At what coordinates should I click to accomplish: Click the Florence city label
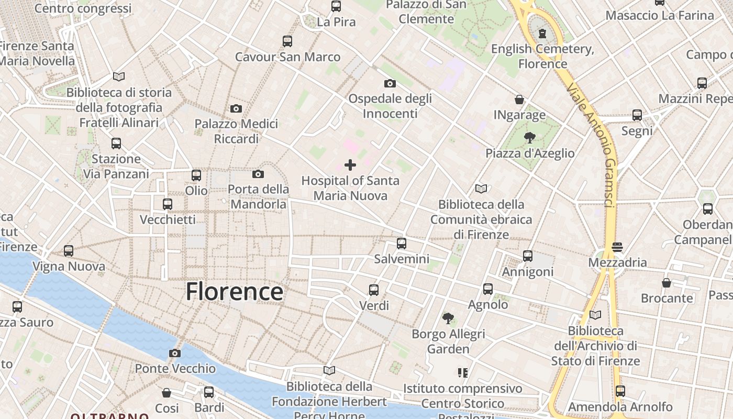[x=234, y=292]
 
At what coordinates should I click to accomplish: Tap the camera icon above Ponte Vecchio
[x=175, y=353]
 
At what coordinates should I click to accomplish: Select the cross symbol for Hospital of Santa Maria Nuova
[x=350, y=166]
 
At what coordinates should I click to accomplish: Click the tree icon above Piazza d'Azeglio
[x=530, y=138]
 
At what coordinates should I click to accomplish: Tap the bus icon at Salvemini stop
[x=402, y=244]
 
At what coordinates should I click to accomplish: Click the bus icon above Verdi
[x=374, y=290]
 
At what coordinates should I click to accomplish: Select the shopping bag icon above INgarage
[x=519, y=100]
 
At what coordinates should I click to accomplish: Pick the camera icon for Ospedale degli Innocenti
[x=390, y=83]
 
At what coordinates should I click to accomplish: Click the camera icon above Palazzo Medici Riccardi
[x=236, y=108]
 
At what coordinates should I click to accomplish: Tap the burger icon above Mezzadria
[x=617, y=247]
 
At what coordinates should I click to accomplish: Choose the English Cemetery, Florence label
[x=543, y=56]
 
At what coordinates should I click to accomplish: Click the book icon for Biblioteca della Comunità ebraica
[x=481, y=189]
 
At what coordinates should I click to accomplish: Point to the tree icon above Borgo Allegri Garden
[x=448, y=318]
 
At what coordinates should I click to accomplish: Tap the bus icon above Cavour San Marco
[x=287, y=41]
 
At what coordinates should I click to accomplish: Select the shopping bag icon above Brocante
[x=667, y=283]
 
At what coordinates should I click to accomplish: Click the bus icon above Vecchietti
[x=168, y=204]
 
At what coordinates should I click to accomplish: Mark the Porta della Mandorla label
[x=259, y=196]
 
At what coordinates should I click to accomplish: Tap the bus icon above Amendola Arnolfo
[x=620, y=391]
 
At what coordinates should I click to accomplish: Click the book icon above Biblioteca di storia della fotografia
[x=119, y=77]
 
